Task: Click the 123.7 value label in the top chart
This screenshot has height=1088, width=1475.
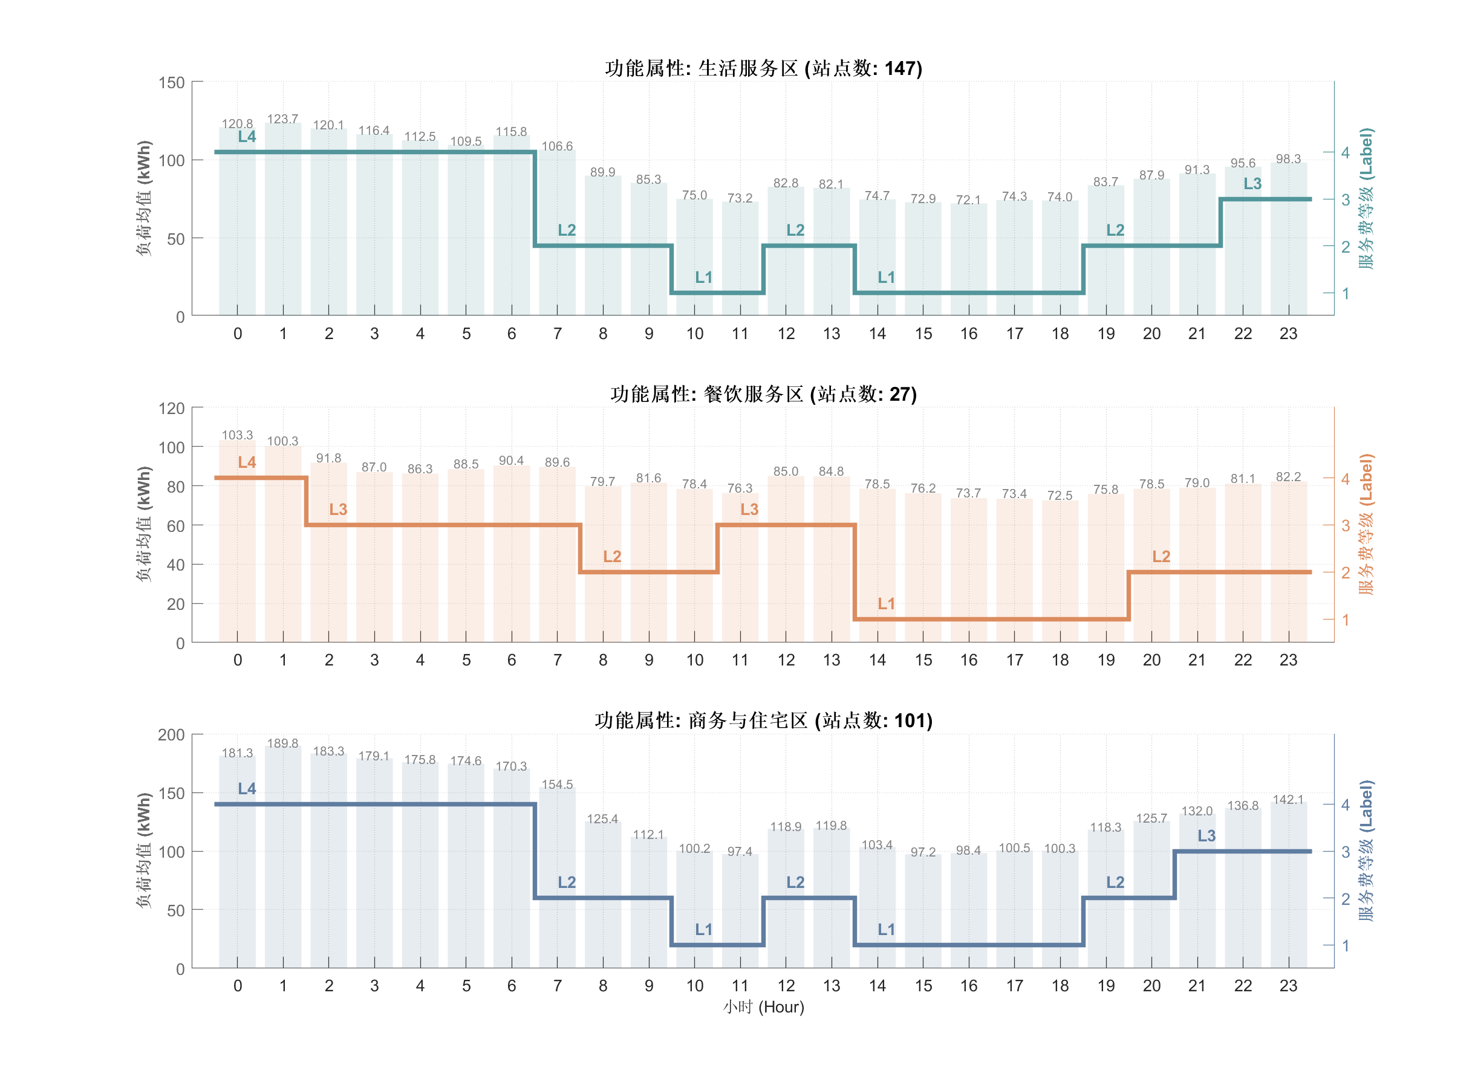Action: click(x=282, y=119)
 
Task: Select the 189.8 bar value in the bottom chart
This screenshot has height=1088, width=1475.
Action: click(x=282, y=743)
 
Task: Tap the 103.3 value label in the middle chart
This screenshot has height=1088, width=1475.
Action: click(x=237, y=435)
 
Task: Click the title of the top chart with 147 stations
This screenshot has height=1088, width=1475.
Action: click(x=764, y=68)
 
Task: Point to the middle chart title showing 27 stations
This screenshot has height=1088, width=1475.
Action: click(x=764, y=395)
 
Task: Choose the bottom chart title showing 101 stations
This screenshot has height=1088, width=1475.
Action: click(x=764, y=720)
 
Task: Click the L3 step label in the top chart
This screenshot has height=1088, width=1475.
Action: click(x=1252, y=184)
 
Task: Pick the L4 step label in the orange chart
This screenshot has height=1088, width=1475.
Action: click(x=247, y=463)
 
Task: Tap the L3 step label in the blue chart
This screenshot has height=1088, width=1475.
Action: click(x=1206, y=836)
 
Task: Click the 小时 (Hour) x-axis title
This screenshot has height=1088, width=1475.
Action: click(x=764, y=1007)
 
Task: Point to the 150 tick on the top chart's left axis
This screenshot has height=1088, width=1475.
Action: click(x=171, y=83)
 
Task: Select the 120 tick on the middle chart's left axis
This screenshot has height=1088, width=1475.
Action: click(x=171, y=409)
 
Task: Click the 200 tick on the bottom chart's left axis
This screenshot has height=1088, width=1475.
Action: click(x=171, y=735)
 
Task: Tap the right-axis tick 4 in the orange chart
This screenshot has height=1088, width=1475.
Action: click(x=1345, y=479)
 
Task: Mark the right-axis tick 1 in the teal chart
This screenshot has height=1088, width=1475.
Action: click(x=1345, y=294)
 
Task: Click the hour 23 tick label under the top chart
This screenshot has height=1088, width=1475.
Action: click(x=1288, y=334)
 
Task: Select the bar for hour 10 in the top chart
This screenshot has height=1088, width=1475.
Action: click(x=694, y=257)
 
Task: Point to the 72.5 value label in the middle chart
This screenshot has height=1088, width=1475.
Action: click(x=1060, y=495)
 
